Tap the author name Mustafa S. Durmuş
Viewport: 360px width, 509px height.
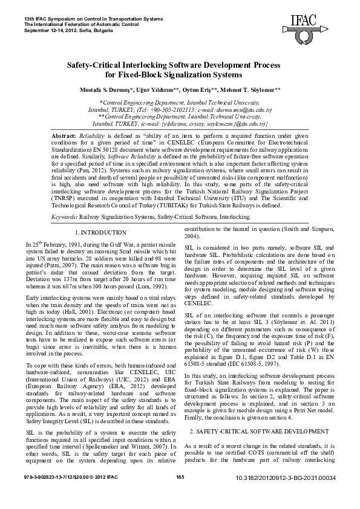(106, 89)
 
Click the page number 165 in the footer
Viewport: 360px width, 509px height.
(180, 495)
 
